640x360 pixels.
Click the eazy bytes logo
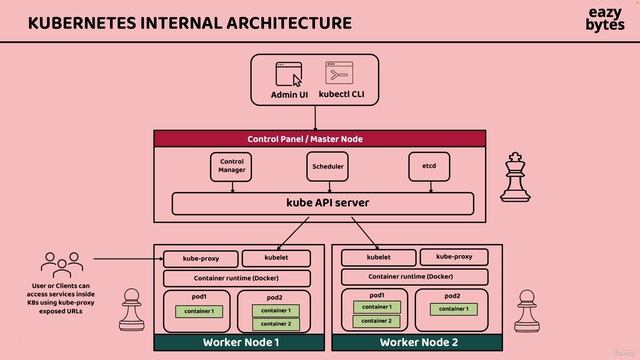coord(604,21)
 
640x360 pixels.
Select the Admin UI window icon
coord(289,74)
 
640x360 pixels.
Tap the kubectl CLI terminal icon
coord(337,74)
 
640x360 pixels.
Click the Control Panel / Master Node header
coord(319,139)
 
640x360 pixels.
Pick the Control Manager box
coord(232,166)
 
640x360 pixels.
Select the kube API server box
coord(323,203)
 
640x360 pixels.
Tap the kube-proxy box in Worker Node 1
coord(198,258)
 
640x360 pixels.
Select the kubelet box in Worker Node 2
coord(376,258)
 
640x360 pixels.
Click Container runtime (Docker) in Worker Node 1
coord(238,278)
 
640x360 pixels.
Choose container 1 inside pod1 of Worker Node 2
coord(375,307)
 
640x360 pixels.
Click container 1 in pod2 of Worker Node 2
coord(452,309)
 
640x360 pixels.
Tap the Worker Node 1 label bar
coord(239,343)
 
